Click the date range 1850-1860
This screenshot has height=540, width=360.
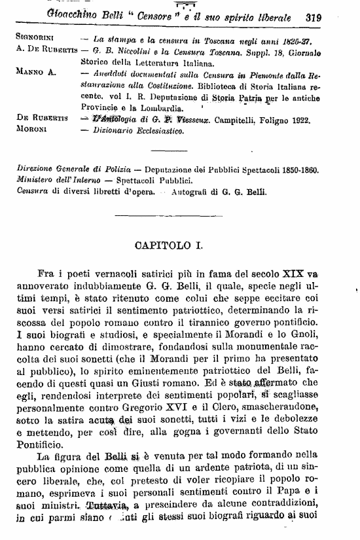point(295,169)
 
